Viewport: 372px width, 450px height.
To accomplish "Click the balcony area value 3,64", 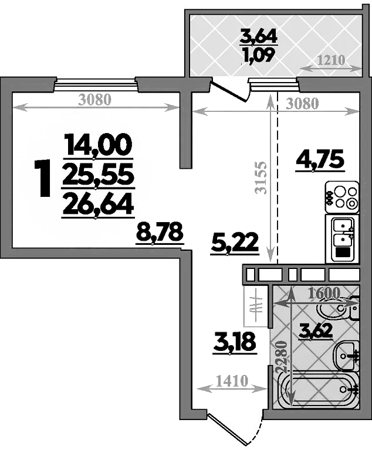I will tap(258, 37).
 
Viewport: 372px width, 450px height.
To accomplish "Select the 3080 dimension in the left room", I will tap(94, 100).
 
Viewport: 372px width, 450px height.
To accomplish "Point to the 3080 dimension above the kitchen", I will tap(302, 104).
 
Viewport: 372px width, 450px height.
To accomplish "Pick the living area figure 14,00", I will tap(99, 143).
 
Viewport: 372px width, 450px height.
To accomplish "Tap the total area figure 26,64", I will tap(99, 205).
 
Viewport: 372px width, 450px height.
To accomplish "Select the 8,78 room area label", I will tap(160, 233).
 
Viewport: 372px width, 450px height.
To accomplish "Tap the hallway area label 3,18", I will tap(234, 342).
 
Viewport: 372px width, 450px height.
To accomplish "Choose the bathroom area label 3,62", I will tap(316, 331).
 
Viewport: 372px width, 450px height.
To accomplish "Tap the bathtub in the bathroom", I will tap(320, 390).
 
